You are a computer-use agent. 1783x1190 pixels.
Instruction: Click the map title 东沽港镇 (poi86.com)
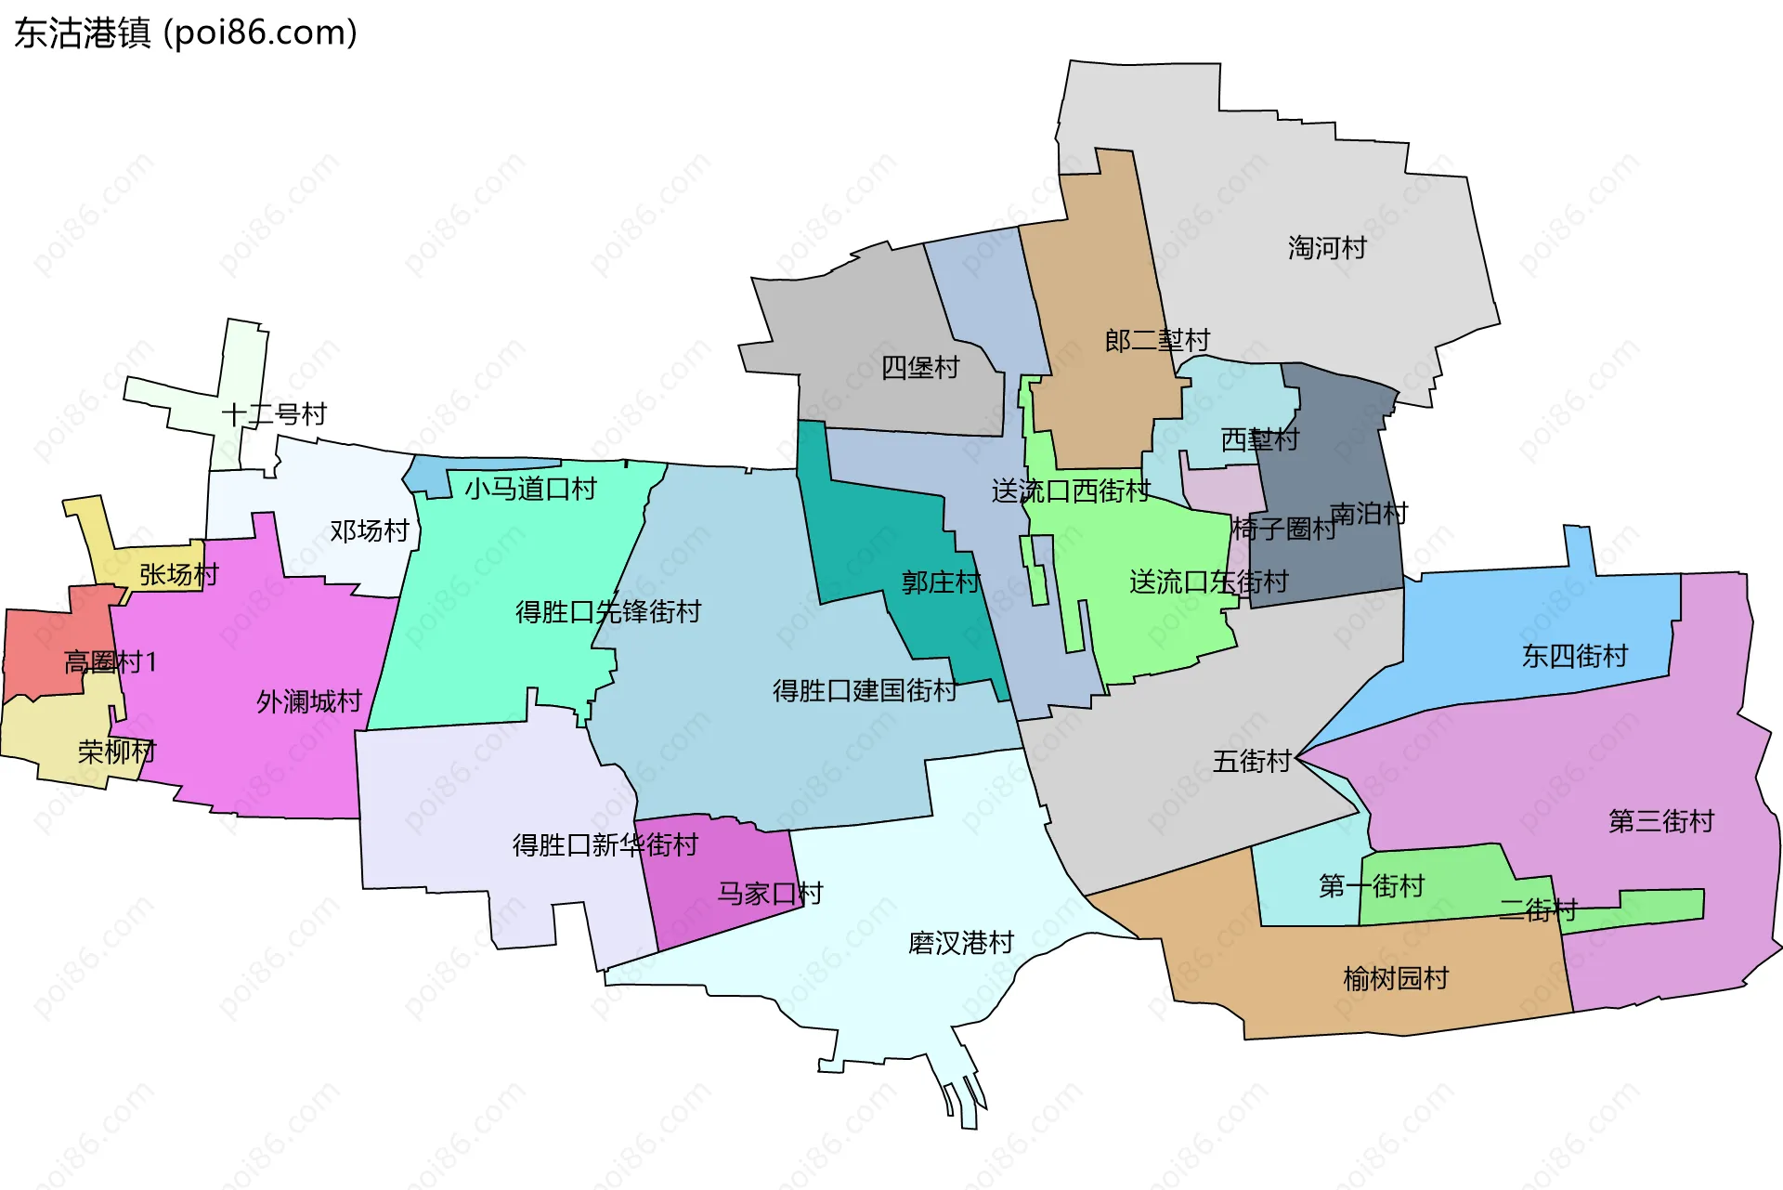coord(186,33)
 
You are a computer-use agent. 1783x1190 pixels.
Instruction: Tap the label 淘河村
coord(1327,248)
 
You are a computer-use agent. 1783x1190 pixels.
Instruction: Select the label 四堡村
coord(919,368)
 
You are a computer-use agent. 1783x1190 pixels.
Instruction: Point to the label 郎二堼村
coord(1157,341)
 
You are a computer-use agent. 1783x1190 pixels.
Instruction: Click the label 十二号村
coord(274,414)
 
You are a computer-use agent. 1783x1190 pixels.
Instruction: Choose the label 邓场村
coord(370,531)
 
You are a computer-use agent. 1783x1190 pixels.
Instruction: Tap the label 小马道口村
coord(530,489)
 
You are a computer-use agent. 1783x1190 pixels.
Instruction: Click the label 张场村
coord(178,575)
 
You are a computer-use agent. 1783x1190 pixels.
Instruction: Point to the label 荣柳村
coord(116,752)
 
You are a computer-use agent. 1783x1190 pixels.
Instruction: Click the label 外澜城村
coord(309,701)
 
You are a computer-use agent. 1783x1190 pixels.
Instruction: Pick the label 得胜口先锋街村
coord(608,612)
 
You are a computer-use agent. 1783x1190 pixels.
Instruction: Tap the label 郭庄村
coord(941,582)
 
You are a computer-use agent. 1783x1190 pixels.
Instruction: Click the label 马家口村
coord(770,894)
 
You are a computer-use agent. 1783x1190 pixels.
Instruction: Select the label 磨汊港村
coord(961,944)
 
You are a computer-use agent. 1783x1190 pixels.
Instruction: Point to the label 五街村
coord(1252,762)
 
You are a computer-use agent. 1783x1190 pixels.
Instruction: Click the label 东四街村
coord(1575,657)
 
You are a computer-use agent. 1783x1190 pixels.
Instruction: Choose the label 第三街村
coord(1661,821)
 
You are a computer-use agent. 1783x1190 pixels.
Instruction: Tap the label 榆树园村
coord(1396,979)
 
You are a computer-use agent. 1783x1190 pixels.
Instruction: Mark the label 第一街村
coord(1372,886)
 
